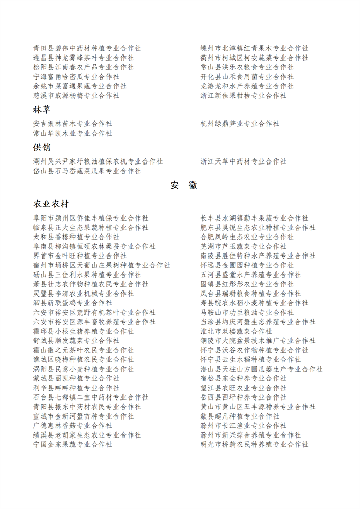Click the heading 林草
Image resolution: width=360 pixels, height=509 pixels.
coord(42,110)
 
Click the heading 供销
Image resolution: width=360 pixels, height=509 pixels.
coord(42,148)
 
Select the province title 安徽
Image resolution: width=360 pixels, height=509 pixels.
coord(184,186)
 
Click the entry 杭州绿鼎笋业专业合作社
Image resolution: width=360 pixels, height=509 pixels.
coord(240,124)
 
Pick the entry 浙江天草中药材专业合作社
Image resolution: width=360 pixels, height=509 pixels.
coord(243,161)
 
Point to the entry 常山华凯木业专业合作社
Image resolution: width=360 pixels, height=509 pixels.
coord(73,133)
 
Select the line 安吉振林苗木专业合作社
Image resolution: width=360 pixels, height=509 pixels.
coord(73,124)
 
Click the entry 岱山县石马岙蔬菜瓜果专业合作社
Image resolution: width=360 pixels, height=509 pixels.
coord(87,171)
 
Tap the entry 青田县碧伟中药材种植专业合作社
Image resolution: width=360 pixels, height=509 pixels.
coord(87,48)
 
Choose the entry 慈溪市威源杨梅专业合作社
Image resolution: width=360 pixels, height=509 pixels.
coord(76,95)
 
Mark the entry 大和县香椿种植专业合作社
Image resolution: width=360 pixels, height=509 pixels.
coord(76,237)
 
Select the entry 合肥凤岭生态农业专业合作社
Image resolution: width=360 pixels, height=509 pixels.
coord(247,237)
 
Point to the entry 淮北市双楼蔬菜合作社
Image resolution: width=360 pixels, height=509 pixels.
coord(236,331)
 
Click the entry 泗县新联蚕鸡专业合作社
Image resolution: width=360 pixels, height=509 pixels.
coord(73,303)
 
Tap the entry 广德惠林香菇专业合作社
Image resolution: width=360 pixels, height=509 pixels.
coord(73,425)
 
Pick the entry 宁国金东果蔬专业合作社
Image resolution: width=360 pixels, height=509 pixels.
coord(73,444)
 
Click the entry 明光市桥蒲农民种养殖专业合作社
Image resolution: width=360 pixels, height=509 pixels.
coord(254,444)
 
